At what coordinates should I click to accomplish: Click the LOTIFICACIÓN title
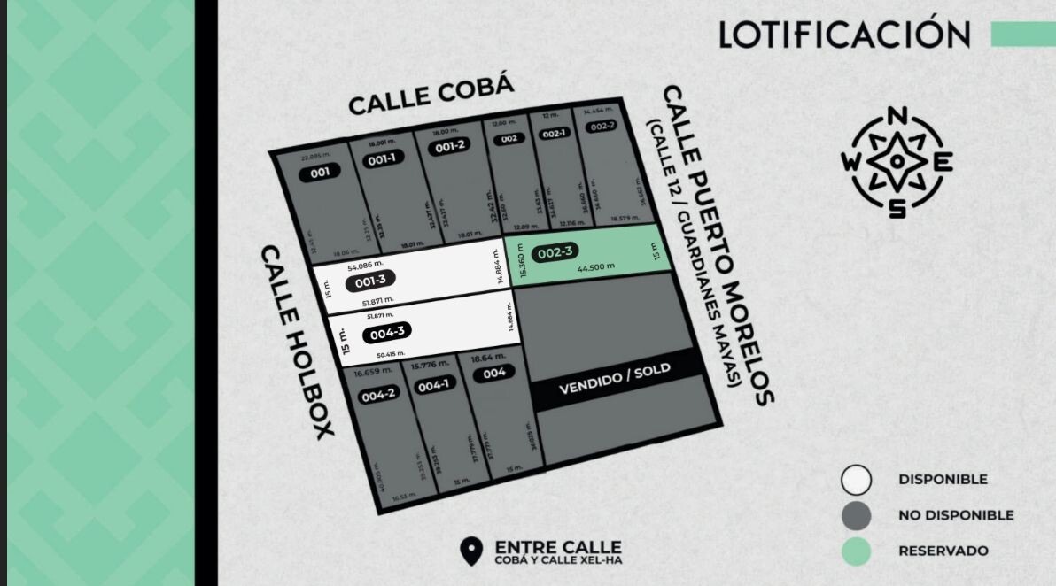(x=844, y=35)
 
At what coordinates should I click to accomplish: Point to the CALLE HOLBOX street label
(x=297, y=340)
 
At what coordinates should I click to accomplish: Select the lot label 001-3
(x=370, y=281)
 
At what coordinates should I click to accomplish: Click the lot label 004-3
(x=388, y=334)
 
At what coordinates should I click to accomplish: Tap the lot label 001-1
(x=382, y=160)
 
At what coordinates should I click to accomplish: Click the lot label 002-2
(x=602, y=126)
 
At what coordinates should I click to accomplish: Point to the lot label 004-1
(x=433, y=386)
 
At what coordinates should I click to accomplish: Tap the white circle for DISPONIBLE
(x=856, y=480)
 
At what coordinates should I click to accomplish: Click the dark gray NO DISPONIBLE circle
(x=856, y=515)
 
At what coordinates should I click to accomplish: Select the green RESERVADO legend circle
(x=856, y=551)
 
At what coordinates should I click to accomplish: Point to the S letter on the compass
(x=897, y=208)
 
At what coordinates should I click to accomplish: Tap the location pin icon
(x=472, y=551)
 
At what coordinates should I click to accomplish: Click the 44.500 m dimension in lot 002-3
(x=595, y=266)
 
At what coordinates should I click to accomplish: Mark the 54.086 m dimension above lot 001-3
(x=365, y=266)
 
